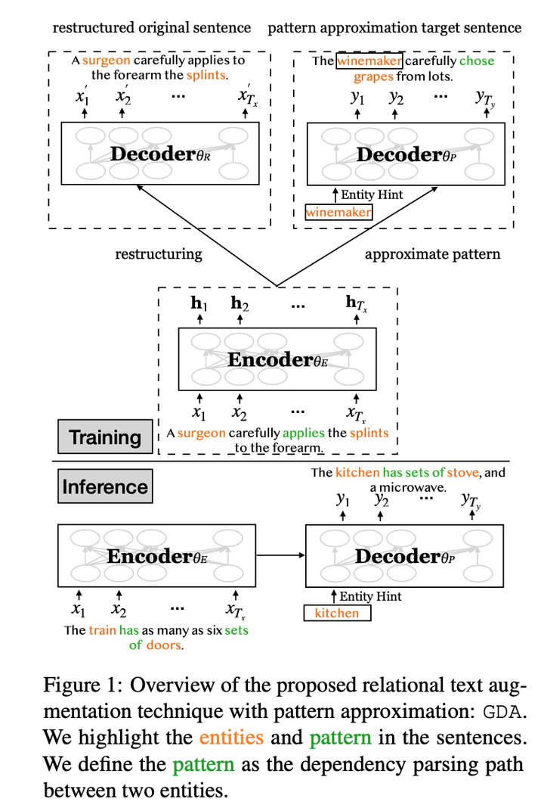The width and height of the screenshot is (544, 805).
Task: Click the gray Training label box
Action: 105,437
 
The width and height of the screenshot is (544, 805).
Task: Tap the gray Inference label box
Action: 105,486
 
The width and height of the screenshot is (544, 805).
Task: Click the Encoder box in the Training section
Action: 277,359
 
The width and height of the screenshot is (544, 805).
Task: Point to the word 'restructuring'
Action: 158,253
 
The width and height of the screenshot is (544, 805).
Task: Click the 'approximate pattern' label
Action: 432,253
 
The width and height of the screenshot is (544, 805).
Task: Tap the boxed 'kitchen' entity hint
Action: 337,613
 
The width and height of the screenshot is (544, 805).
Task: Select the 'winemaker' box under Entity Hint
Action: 338,213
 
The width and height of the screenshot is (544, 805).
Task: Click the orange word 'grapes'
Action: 372,76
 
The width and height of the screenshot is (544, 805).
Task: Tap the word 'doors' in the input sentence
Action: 166,645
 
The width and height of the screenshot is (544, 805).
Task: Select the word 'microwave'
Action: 415,488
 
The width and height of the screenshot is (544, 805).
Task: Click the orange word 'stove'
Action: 463,473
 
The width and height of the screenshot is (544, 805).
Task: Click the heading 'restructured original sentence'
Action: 151,28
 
